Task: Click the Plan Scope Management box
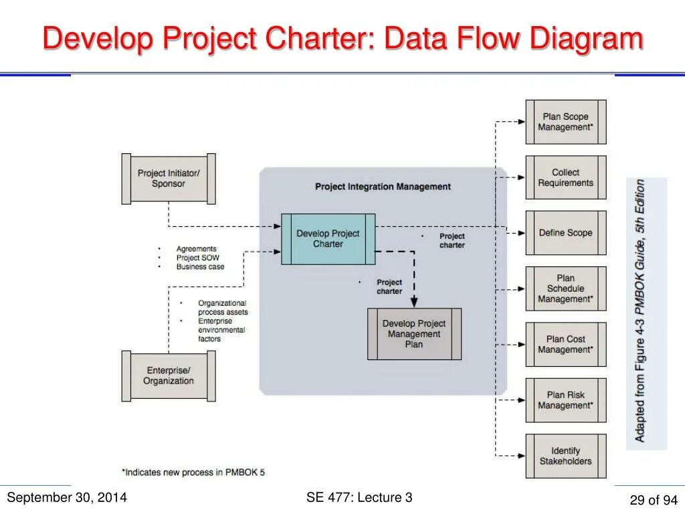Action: [566, 122]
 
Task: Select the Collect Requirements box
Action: [566, 177]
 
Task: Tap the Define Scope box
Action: [566, 233]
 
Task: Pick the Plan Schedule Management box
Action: [566, 288]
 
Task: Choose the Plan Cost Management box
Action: [566, 344]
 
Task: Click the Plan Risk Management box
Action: [566, 400]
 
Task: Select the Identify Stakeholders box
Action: [566, 456]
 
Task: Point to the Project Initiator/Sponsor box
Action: [169, 179]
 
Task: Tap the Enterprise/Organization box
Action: [169, 375]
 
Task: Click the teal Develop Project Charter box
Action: [328, 239]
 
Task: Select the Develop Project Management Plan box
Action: [414, 334]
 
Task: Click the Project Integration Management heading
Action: [383, 187]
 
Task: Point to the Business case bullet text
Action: [200, 266]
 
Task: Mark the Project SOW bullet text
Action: [197, 258]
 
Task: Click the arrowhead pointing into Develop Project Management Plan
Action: [414, 303]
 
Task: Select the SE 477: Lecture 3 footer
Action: [359, 497]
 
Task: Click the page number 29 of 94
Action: [654, 500]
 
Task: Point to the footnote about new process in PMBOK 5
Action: [193, 472]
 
